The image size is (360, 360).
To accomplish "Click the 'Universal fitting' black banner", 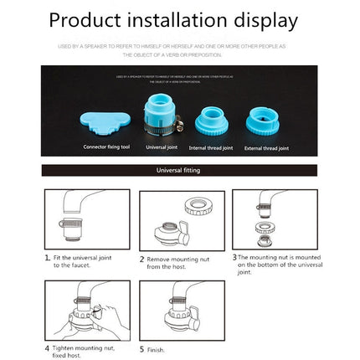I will pyautogui.click(x=179, y=171).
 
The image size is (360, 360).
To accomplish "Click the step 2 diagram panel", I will pyautogui.click(x=170, y=220).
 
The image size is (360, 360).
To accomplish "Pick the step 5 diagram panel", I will pyautogui.click(x=170, y=310).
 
